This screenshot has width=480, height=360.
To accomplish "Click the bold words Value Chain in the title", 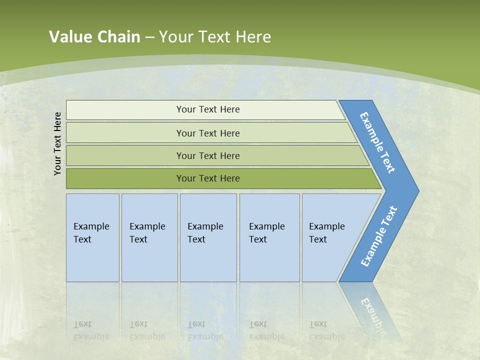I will [x=94, y=36].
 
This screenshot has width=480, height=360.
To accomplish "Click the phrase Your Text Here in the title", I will [x=215, y=36].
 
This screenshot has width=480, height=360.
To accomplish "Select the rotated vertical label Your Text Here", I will [x=58, y=143].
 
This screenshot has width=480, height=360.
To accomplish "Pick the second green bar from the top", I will [x=207, y=133].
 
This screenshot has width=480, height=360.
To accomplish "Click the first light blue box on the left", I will [x=92, y=237].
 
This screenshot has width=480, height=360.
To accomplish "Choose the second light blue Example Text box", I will [x=149, y=237].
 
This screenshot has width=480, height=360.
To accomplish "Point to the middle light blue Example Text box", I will [x=208, y=237].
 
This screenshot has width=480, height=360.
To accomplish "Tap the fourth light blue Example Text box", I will [x=269, y=237].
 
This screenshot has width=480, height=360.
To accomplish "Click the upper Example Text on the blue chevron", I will [x=378, y=142].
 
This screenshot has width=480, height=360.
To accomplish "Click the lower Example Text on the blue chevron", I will [x=379, y=236].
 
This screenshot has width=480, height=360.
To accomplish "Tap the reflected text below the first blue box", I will [x=91, y=330].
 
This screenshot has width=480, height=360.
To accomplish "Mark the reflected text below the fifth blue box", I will [x=326, y=330].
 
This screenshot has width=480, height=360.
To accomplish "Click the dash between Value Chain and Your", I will [x=149, y=37].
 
